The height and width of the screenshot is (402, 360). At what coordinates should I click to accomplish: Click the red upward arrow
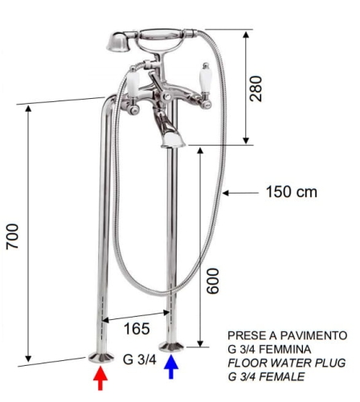[100, 378]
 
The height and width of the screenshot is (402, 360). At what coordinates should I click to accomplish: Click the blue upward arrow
[171, 367]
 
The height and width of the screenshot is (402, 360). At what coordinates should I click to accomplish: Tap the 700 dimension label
[13, 236]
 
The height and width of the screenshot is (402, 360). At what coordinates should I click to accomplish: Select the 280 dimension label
[256, 88]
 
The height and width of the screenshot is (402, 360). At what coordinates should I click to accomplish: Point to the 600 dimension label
[213, 281]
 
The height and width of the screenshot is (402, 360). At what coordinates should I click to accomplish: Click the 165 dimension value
[137, 329]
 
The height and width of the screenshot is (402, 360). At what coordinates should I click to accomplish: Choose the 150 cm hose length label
[292, 192]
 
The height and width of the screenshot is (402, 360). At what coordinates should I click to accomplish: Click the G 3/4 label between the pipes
[139, 359]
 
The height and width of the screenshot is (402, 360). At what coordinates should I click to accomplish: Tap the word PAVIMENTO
[313, 335]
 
